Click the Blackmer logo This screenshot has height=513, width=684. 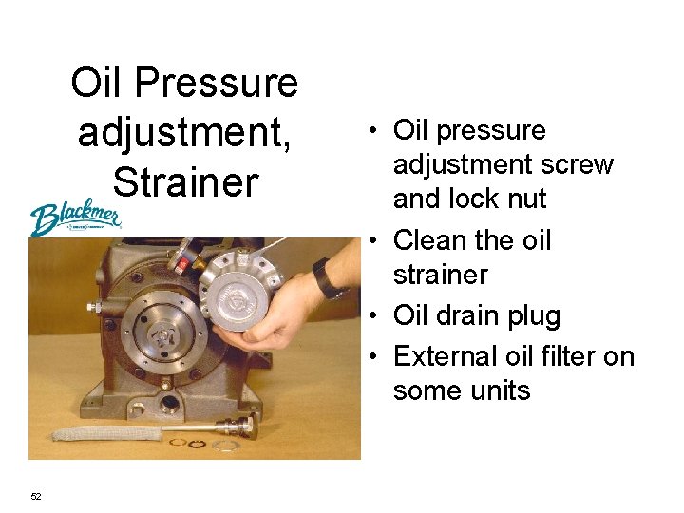[75, 217]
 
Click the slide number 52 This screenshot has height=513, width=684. [36, 496]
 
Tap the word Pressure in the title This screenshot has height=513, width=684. [217, 82]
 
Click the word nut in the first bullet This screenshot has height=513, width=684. [527, 199]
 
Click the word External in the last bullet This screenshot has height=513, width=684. [446, 356]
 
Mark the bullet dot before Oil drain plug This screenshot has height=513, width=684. [372, 315]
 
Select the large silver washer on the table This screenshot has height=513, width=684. [224, 446]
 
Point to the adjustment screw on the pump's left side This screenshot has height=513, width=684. [94, 307]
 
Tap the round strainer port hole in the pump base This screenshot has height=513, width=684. [168, 405]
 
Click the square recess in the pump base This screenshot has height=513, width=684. [138, 410]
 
